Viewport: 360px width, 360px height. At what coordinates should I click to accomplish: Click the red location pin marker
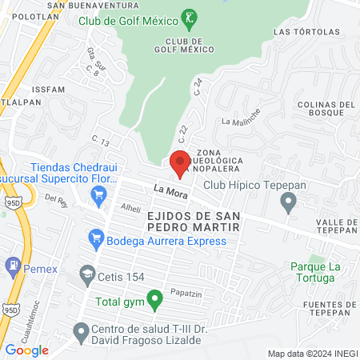180,162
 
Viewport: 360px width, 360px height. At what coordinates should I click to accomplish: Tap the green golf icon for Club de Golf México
189,18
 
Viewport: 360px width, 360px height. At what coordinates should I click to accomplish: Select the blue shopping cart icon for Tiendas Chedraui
99,194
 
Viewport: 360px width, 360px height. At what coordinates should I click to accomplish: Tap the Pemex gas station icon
13,265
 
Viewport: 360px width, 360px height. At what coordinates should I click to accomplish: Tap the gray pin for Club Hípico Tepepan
289,205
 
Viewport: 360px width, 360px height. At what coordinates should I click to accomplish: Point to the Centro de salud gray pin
80,330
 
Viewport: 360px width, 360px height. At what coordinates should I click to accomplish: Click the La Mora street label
169,190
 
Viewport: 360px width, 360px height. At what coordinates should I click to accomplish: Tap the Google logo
27,350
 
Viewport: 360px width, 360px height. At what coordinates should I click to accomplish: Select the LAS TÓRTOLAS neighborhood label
299,32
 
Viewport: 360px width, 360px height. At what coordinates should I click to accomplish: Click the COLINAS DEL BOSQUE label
326,110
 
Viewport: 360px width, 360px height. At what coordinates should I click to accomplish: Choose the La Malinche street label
242,122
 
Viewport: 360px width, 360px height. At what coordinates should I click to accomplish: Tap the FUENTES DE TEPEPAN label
329,305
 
